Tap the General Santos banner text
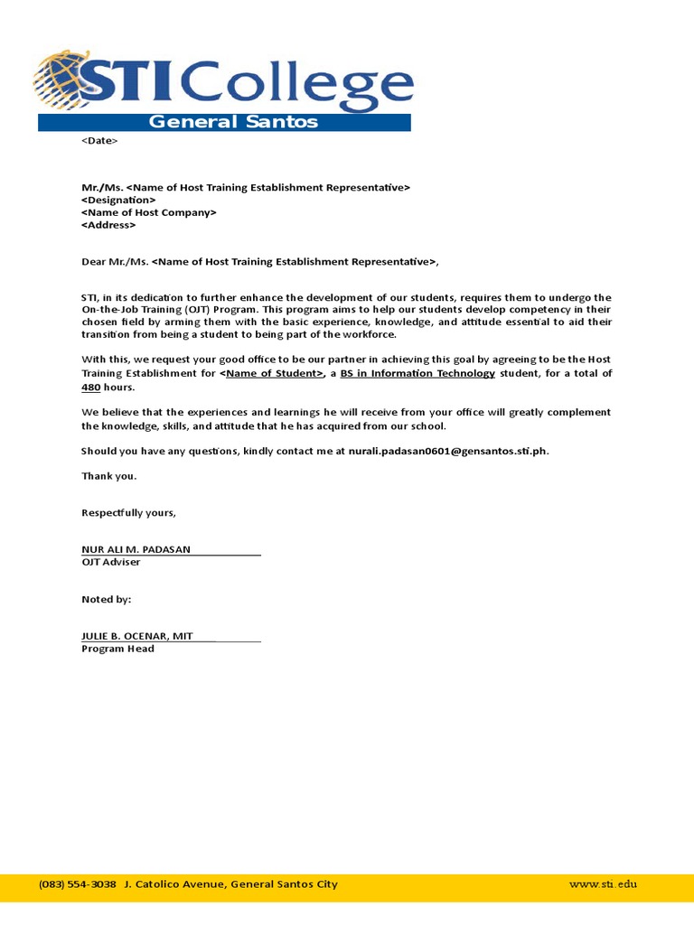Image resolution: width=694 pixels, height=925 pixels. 232,122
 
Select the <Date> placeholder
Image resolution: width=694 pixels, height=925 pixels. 99,141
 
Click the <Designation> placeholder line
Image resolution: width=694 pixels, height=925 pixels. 118,200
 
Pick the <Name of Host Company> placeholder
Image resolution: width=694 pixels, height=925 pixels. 149,212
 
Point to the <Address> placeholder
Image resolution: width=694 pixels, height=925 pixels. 108,225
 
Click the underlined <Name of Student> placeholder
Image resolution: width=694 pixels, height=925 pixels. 272,373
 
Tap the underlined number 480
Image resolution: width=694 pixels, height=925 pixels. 90,387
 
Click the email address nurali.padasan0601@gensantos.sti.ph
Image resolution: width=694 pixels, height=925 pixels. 442,451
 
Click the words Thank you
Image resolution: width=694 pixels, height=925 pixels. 109,475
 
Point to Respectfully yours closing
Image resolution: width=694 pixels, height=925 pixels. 128,513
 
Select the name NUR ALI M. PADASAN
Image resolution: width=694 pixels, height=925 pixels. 136,549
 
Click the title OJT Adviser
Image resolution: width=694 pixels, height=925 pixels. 111,562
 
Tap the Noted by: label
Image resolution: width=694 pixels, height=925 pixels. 107,599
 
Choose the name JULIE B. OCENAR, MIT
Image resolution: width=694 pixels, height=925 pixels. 137,636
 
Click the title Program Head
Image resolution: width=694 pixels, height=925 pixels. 117,649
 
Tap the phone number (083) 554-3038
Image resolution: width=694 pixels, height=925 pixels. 78,884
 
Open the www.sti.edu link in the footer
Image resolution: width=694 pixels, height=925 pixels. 603,884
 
